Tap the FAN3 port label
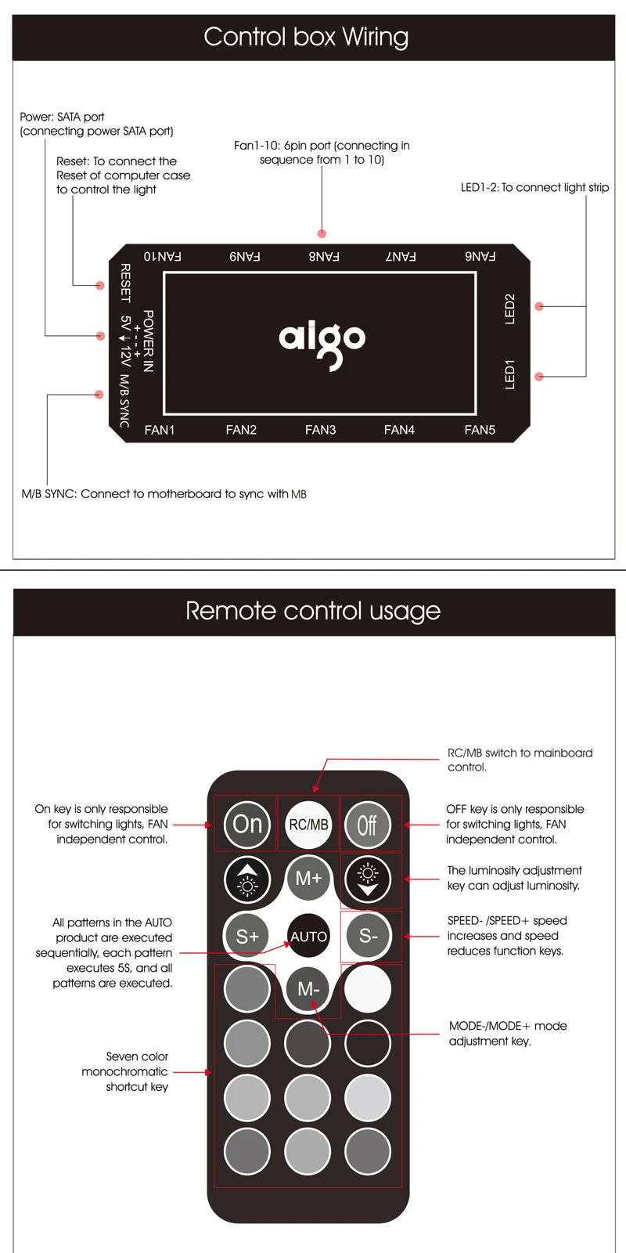[x=320, y=430]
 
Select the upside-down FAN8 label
[x=323, y=256]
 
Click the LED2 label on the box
[x=510, y=309]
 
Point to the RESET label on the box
[x=125, y=283]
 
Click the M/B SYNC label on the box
[x=124, y=401]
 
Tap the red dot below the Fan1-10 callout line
[x=322, y=233]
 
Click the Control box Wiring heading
[x=306, y=37]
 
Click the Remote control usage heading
[x=313, y=611]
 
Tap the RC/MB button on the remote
[x=308, y=825]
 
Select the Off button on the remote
[x=367, y=825]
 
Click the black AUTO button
[x=308, y=936]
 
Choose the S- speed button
[x=368, y=935]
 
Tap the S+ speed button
[x=247, y=936]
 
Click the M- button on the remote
[x=308, y=989]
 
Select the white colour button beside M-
[x=368, y=988]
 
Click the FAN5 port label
[x=480, y=430]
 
